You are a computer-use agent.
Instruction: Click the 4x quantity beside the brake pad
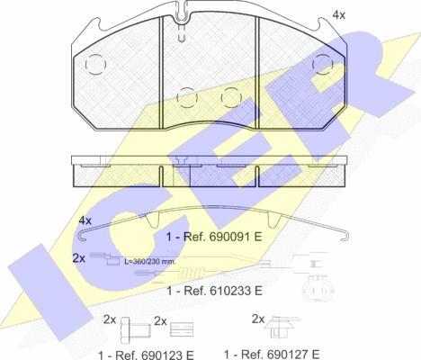339,15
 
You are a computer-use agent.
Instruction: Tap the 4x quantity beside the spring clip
85,220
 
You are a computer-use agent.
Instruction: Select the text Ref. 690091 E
222,237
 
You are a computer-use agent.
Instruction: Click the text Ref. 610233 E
223,291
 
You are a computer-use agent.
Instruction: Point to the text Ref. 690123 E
155,355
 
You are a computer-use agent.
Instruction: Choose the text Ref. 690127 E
280,354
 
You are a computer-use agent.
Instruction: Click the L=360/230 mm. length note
150,262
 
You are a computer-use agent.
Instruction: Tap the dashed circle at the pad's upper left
95,65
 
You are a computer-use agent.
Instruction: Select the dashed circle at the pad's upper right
323,64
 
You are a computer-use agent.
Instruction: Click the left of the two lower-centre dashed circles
187,98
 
